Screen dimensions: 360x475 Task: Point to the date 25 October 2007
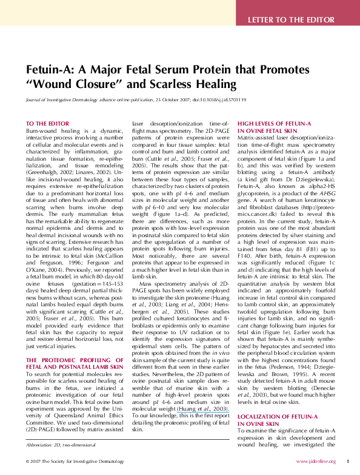[x=168, y=99]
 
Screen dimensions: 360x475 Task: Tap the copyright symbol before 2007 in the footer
[x=27, y=462]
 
